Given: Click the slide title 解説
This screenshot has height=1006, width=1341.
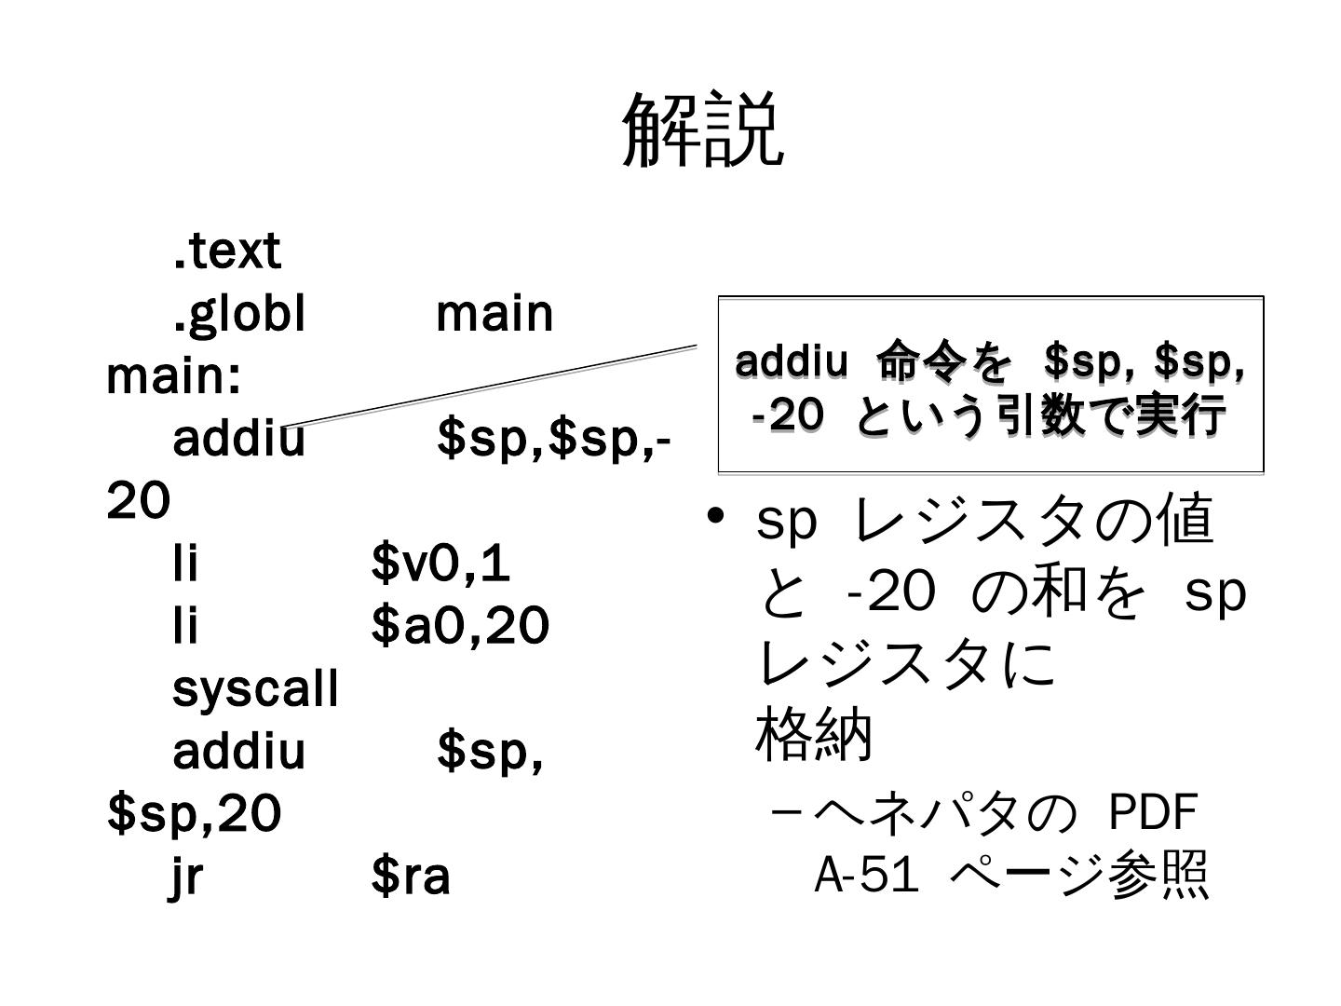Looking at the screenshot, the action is coord(702,130).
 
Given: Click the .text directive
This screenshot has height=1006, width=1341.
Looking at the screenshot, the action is coord(226,251).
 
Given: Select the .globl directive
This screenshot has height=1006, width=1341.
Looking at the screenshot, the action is coord(239,314).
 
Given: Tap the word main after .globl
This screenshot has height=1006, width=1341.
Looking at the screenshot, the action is coord(494,314).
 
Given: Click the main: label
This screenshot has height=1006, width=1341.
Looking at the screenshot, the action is coord(174,376).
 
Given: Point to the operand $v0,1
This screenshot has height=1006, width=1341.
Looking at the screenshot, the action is coord(440,564).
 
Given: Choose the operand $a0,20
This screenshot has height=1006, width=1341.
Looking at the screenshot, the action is coord(460,626).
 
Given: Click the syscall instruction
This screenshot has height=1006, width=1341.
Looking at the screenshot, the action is coord(256,689).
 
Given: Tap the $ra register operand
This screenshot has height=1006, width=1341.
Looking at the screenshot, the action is coord(411,877).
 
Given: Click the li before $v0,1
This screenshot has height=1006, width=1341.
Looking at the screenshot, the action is coord(186,564).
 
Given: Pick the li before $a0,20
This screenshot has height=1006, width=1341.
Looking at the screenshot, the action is coord(186,626).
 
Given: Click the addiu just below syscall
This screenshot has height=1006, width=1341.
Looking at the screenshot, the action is coord(239,752).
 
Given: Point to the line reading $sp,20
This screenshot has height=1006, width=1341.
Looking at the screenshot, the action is coord(194,814).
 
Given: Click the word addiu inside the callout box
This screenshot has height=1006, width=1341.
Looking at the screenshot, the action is coord(792,361).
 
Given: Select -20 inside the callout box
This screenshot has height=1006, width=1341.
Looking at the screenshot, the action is coord(788,415).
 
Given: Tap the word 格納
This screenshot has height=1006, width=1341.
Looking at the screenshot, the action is coord(814,735).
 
